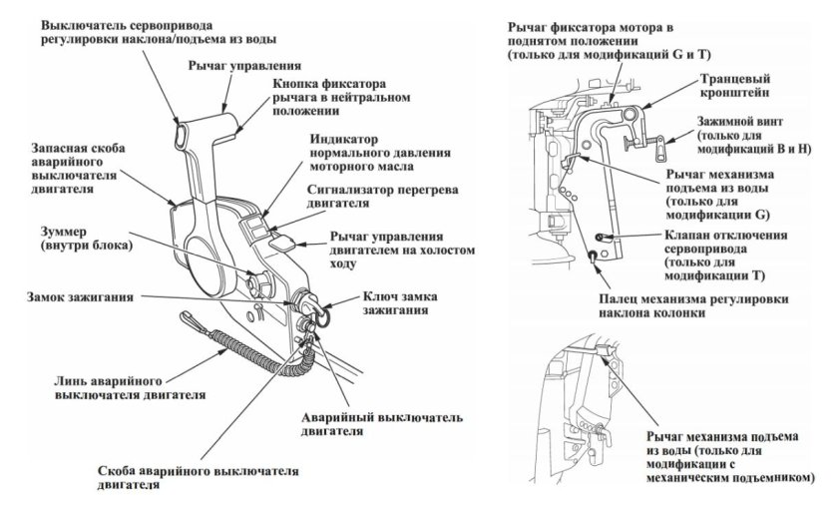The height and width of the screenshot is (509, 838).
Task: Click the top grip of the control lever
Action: click(x=210, y=128)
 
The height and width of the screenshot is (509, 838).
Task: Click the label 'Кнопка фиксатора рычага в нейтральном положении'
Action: click(x=329, y=98)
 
